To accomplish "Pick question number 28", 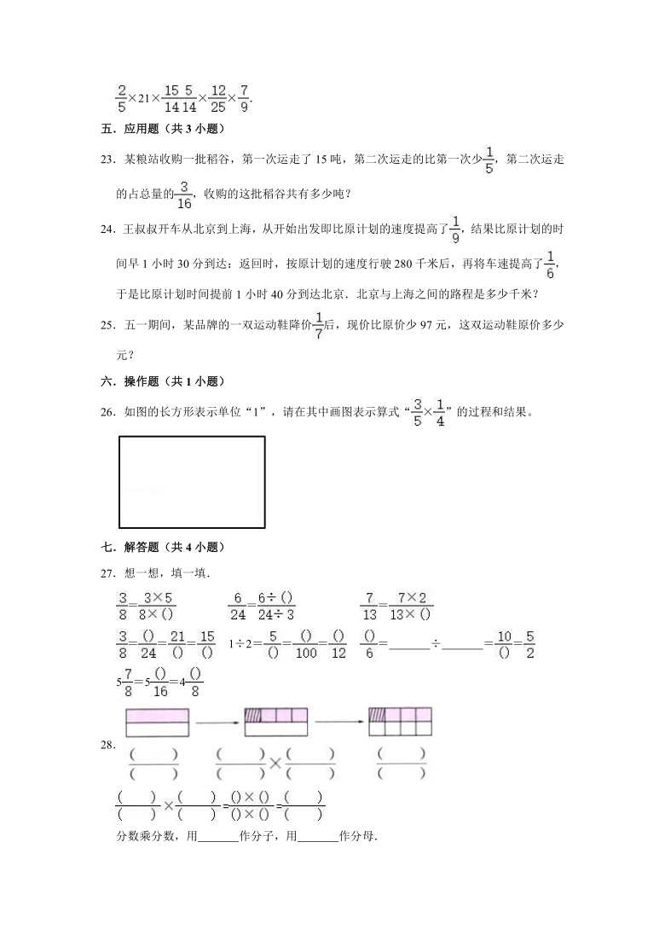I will (107, 745).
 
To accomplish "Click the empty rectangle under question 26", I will (192, 482).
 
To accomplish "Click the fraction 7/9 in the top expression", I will (244, 99).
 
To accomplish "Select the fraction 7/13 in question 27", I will (369, 605).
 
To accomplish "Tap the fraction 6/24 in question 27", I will (240, 605).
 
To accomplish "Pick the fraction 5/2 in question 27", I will (529, 645).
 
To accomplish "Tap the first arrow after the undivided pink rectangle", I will (217, 722).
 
